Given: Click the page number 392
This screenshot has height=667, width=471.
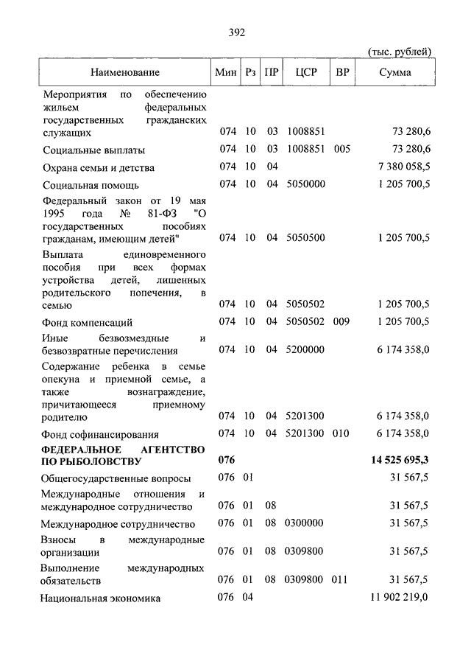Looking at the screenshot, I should (236, 32).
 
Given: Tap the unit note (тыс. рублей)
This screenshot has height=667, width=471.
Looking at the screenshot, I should (399, 51).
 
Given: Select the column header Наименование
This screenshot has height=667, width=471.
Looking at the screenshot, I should (125, 72).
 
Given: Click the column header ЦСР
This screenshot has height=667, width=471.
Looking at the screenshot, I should (305, 72).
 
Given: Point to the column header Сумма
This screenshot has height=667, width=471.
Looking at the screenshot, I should (395, 72).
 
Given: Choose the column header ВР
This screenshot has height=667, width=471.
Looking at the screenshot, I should (341, 72).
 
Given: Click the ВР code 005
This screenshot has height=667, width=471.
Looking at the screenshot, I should (341, 150).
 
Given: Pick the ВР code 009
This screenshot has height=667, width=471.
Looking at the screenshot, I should (341, 321).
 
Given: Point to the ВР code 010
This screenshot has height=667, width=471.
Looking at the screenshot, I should (341, 434).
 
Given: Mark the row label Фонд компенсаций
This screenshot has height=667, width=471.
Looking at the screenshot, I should (88, 322).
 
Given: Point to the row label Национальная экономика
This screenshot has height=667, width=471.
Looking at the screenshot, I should (102, 598).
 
